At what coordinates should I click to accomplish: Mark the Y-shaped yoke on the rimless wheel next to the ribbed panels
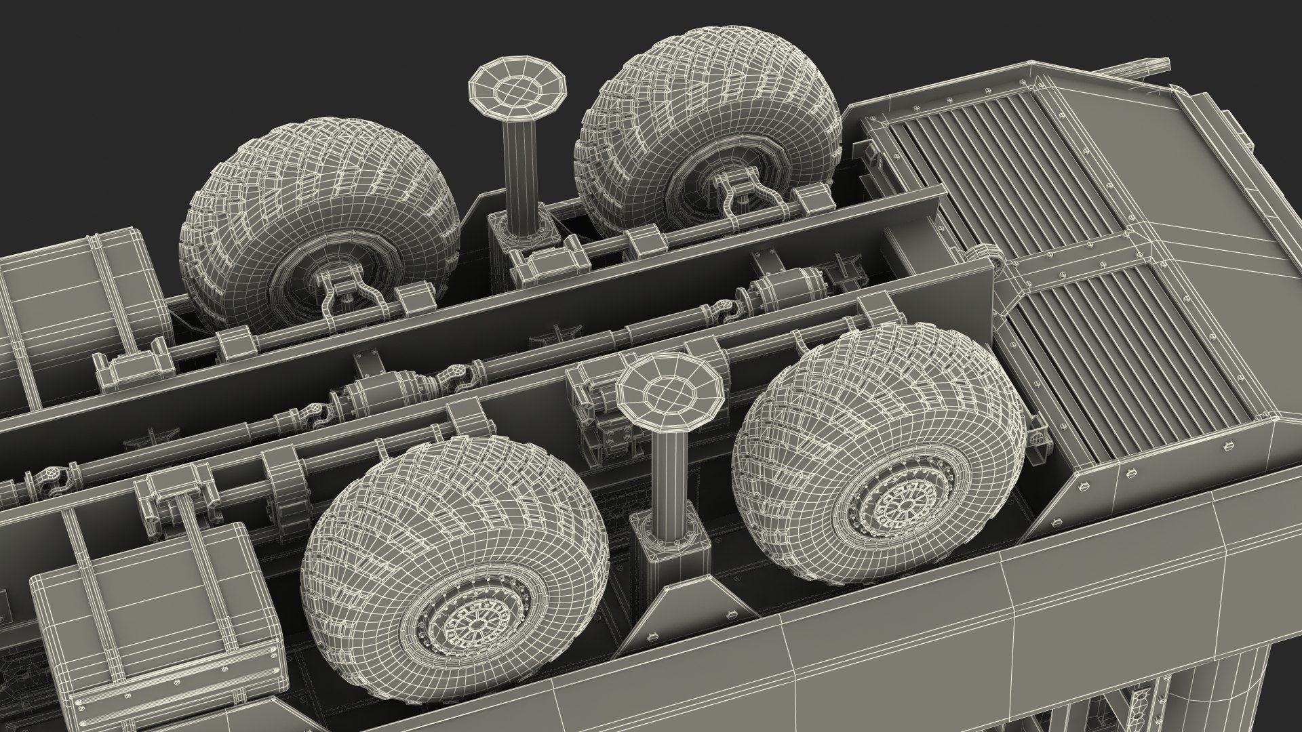[739, 193]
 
